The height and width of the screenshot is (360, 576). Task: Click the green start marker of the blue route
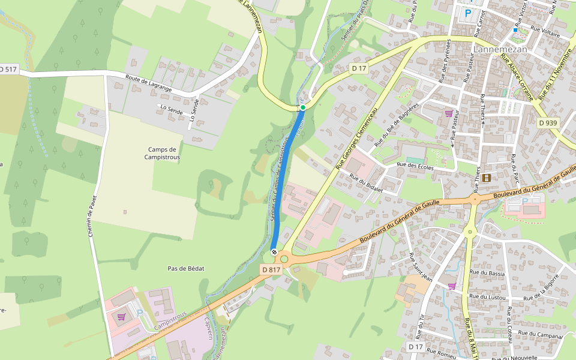pyautogui.click(x=303, y=107)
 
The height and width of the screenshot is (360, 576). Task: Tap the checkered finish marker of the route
pyautogui.click(x=274, y=253)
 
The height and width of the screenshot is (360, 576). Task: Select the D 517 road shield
pyautogui.click(x=8, y=70)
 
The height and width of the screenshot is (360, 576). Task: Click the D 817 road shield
pyautogui.click(x=271, y=270)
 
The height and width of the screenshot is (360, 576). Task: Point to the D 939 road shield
pyautogui.click(x=548, y=122)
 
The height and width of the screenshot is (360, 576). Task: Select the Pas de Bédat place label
pyautogui.click(x=186, y=269)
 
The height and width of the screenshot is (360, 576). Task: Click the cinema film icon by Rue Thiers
pyautogui.click(x=486, y=178)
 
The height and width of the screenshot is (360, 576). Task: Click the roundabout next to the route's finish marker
pyautogui.click(x=284, y=260)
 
